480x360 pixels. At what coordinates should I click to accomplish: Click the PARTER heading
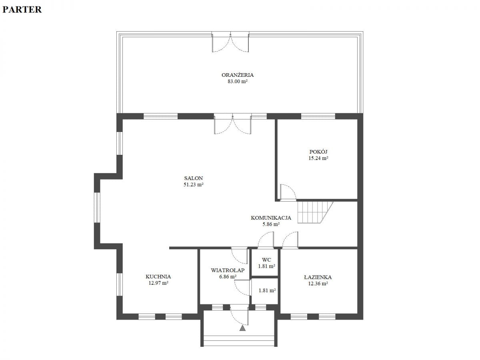[22, 10]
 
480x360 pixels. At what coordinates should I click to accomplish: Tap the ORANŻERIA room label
[238, 75]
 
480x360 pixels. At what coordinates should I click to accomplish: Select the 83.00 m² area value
[238, 81]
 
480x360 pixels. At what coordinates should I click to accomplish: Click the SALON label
[193, 178]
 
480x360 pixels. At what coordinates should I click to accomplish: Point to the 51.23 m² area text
[193, 184]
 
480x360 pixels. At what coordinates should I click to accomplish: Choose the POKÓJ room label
[318, 152]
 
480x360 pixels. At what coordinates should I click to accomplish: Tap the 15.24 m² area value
[318, 158]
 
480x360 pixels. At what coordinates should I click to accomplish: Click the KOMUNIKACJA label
[271, 218]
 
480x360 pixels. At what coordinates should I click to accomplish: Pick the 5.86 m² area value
[271, 224]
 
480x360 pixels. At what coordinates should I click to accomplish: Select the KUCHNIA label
[158, 276]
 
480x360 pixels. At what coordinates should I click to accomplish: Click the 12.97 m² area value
[158, 283]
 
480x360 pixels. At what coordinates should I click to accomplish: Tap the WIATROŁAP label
[228, 270]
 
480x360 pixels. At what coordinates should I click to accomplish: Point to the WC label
[266, 260]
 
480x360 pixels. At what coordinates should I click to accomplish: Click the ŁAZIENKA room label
[318, 277]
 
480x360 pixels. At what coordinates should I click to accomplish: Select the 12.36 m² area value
[318, 284]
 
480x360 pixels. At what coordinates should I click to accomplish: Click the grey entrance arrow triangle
[242, 328]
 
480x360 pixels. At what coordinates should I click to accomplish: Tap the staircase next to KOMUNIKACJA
[315, 212]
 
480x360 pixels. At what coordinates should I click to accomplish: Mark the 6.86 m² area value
[228, 276]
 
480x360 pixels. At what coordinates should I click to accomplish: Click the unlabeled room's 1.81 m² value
[267, 290]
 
